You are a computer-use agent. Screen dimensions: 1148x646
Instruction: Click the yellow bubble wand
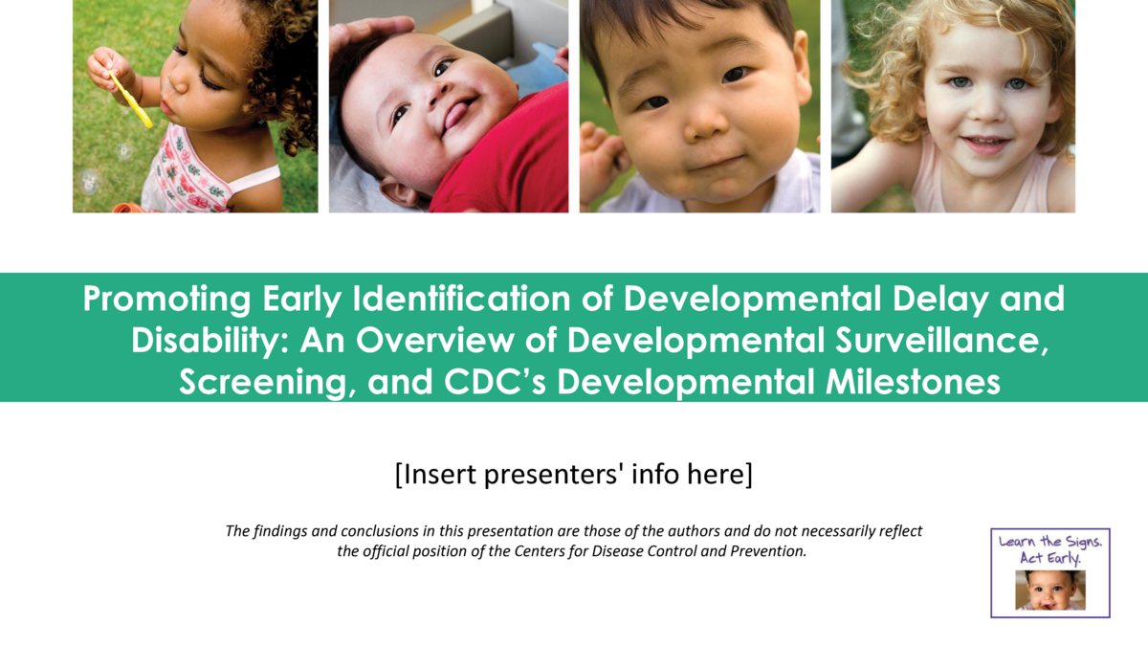pos(130,100)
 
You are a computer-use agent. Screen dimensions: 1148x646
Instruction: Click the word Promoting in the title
pos(166,299)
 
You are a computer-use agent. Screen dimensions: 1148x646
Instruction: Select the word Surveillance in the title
pos(941,340)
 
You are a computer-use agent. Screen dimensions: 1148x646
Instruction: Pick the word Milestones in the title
pos(913,382)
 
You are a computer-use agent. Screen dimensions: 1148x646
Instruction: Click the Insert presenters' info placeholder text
pos(573,475)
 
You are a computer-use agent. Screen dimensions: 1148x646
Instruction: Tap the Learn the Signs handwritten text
pos(1050,542)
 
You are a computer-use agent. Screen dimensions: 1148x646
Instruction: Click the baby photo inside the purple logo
pos(1050,590)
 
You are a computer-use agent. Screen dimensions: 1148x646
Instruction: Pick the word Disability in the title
pos(210,341)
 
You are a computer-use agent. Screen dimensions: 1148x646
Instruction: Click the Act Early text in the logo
pos(1050,558)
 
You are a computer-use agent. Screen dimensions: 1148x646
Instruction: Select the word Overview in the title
pos(434,341)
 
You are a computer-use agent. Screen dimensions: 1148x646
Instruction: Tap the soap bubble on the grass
pos(89,182)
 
